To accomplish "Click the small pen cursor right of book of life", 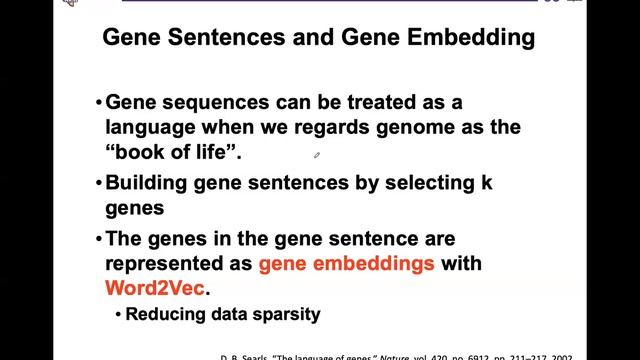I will tap(317, 155).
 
